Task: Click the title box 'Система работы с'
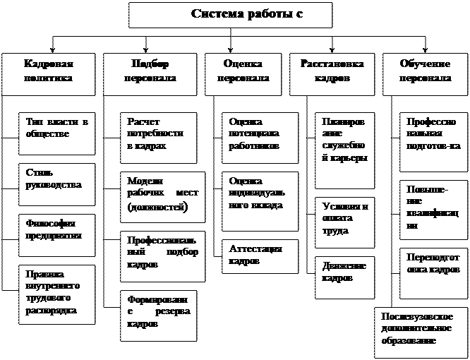(x=229, y=15)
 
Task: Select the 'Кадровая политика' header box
(x=49, y=72)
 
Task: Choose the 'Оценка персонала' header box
(x=245, y=72)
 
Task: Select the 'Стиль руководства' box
(x=56, y=182)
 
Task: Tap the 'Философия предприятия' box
(x=56, y=232)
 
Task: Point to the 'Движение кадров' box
(x=344, y=272)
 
